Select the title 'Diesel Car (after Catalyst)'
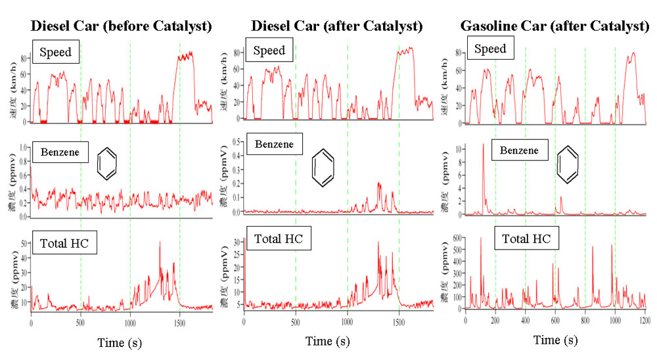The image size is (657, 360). pyautogui.click(x=337, y=26)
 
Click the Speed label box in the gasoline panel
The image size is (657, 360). pyautogui.click(x=490, y=49)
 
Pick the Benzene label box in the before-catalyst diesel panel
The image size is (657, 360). pyautogui.click(x=59, y=152)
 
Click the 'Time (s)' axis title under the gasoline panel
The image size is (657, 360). pyautogui.click(x=555, y=340)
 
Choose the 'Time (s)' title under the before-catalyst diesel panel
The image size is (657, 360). pyautogui.click(x=120, y=342)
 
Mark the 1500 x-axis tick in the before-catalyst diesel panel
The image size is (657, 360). pyautogui.click(x=179, y=323)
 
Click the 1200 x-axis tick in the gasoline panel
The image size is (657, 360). pyautogui.click(x=646, y=320)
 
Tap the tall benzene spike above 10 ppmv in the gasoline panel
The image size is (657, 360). pyautogui.click(x=484, y=145)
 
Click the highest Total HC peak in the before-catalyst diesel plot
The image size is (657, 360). pyautogui.click(x=160, y=242)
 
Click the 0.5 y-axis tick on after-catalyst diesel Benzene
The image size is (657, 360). pyautogui.click(x=235, y=142)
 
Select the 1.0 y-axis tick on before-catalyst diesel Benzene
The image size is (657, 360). pyautogui.click(x=21, y=148)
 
